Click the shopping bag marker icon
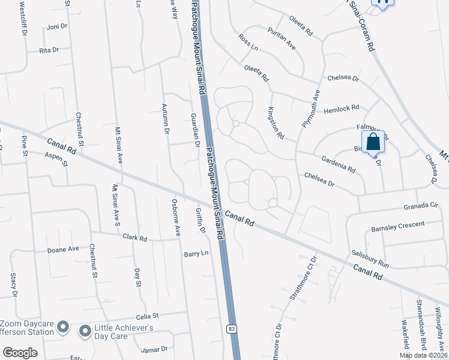coord(373,142)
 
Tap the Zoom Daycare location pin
coord(64,328)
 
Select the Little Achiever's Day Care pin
coord(85,331)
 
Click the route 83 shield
coord(231,329)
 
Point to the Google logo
coord(20,353)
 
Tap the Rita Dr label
coord(49,50)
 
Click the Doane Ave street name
coord(64,249)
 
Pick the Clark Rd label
coord(135,238)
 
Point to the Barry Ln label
coord(196,254)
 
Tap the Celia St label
coord(146,315)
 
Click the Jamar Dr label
coord(154,349)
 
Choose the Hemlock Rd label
coord(341,109)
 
